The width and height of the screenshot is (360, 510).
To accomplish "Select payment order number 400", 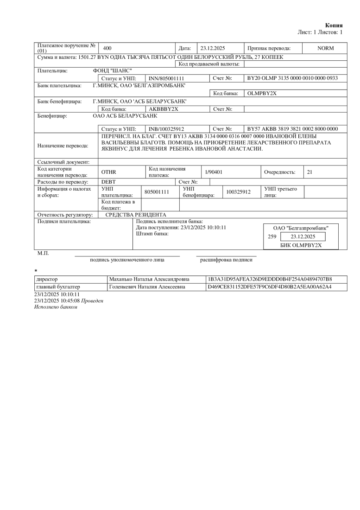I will coord(107,48).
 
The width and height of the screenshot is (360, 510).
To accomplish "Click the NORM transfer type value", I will coord(325,48).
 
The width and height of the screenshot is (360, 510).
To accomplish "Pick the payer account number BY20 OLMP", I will coord(292,78).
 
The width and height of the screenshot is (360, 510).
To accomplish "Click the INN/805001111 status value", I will coord(166,78).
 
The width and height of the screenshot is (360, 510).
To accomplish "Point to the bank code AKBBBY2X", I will coord(164,109).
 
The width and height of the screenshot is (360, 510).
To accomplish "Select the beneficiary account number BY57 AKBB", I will coord(292,128).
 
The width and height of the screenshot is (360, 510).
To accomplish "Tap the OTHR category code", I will coord(108,172).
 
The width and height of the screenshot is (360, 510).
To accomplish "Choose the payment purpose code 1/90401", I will coord(214,172).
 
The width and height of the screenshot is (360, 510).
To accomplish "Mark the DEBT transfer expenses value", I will coord(108,182).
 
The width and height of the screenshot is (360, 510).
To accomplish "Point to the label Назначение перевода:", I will coord(63,146).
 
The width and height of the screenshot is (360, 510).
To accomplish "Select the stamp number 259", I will coord(272,236).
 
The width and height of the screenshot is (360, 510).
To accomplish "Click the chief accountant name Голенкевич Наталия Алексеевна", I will coord(147,287).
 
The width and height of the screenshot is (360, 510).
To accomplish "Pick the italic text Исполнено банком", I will coord(56,307).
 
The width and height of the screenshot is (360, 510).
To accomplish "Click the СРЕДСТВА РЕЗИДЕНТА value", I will coord(136,215).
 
